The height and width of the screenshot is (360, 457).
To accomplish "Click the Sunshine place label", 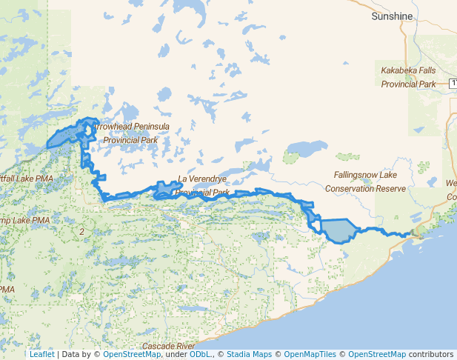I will coord(391,16).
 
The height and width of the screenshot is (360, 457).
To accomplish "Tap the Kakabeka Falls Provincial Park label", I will coord(408,77).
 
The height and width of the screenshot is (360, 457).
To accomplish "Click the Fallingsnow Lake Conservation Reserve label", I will coord(365,181).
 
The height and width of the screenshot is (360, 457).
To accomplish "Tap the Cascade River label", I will coord(168,346).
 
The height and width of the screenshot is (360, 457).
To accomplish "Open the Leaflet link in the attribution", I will coord(41,354).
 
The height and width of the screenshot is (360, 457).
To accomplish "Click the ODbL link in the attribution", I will coord(200,354).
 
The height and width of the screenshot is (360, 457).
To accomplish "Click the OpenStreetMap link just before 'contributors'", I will coord(377,354).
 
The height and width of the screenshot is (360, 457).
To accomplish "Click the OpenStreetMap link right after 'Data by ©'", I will coord(132,354).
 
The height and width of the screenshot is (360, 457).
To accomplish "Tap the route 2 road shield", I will coord(81,232).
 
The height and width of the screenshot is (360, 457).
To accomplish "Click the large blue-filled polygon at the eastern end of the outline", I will coord(338,230).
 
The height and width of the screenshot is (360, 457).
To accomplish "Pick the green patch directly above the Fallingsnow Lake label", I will coord(346,159).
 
